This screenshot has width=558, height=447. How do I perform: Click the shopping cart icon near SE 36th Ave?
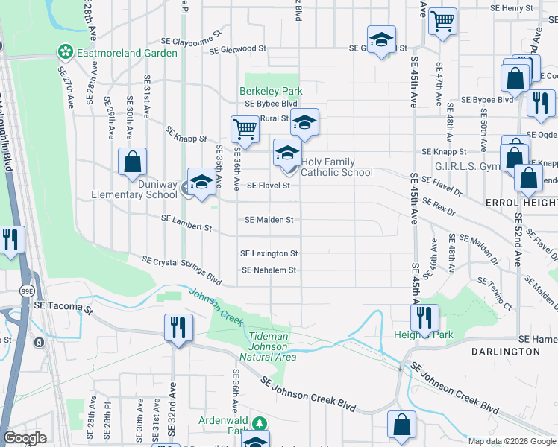coord(245,129)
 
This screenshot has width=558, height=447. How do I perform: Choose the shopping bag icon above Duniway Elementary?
coord(132,161)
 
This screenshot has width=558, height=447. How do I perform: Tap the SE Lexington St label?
coord(269,254)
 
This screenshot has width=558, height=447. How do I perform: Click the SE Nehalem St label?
coord(269,270)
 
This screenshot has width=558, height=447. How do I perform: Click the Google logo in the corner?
coord(25,437)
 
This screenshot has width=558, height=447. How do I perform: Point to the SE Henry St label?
coord(512,8)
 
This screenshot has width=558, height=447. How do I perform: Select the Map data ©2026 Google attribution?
coord(512,441)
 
